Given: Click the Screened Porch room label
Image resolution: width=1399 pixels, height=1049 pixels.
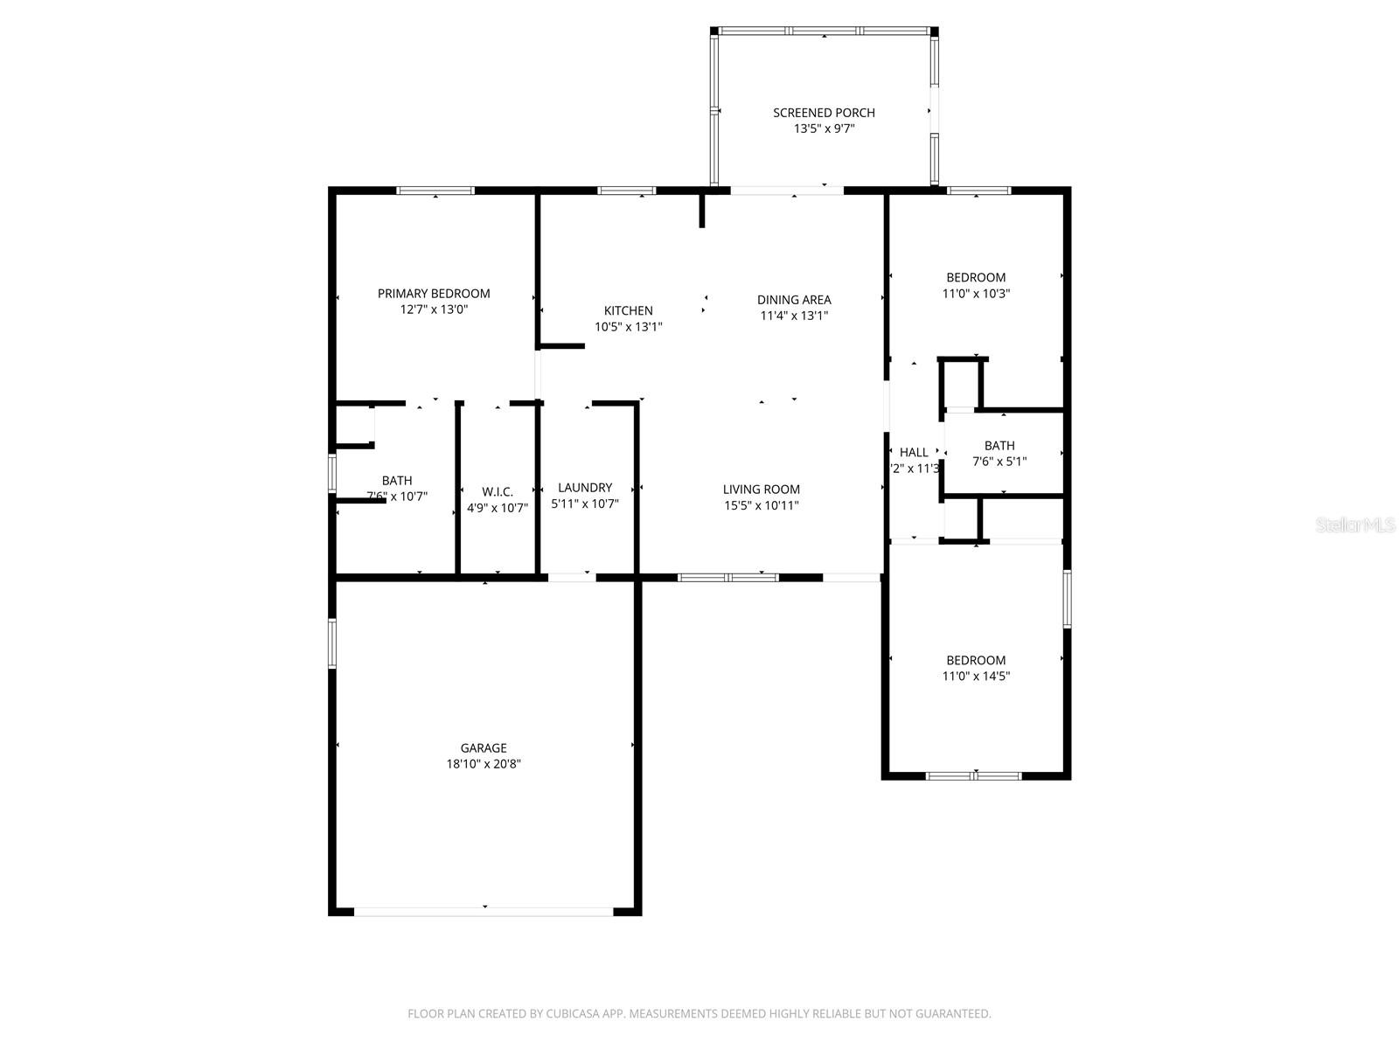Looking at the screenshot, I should click(824, 113).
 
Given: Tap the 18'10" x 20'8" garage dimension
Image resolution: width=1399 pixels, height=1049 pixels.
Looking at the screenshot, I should click(484, 764).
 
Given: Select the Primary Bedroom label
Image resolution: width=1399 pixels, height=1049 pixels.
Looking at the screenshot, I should click(434, 294).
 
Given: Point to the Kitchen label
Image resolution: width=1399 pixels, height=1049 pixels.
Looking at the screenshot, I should click(628, 311).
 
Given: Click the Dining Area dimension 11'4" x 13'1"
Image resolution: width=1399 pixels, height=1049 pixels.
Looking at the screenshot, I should click(794, 316).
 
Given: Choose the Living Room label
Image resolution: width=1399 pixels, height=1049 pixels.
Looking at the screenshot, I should click(761, 490).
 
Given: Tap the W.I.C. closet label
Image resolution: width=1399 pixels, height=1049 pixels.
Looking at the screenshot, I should click(497, 492).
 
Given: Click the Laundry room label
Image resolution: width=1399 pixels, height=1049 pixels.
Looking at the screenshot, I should click(585, 488).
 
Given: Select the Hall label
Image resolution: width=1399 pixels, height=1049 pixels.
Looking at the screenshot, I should click(914, 453).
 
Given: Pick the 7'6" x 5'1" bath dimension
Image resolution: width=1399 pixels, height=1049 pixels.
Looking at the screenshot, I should click(999, 462).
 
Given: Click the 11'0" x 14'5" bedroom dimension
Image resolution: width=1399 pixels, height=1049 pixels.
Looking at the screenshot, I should click(976, 676).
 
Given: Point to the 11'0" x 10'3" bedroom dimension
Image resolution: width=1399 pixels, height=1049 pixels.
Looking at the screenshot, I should click(976, 294).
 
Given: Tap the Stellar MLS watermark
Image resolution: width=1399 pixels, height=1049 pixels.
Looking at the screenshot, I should click(1355, 525).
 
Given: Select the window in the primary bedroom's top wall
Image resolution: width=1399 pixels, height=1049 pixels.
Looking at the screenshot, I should click(435, 191).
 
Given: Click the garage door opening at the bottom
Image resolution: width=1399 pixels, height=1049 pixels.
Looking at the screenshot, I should click(484, 911).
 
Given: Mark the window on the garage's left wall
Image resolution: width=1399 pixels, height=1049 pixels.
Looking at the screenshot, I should click(332, 643).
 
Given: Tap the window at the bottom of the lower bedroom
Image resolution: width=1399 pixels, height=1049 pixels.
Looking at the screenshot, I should click(973, 775).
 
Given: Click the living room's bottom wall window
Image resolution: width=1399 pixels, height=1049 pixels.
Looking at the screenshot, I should click(728, 577).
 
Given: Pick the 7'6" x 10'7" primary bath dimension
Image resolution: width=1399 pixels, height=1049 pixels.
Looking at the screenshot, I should click(397, 497).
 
